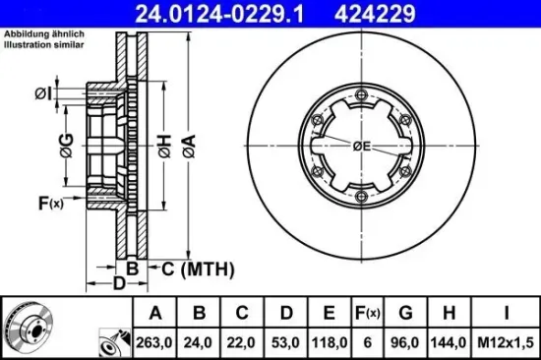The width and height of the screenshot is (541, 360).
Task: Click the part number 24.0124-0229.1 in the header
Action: pos(219,14)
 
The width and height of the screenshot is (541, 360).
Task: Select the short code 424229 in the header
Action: pos(375,14)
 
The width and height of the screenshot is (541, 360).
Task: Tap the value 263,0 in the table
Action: pos(154,342)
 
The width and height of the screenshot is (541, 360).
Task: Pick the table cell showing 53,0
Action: pos(285,342)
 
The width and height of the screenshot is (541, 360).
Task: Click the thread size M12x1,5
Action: pos(506,342)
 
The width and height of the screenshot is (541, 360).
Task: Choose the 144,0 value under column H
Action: pos(449,342)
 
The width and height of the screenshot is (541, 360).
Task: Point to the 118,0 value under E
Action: pos(330,342)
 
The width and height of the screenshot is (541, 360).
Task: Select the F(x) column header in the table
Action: pos(368,313)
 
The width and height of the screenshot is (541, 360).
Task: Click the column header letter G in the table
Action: pos(405,313)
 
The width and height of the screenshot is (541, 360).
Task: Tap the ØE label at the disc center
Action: pos(362,147)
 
